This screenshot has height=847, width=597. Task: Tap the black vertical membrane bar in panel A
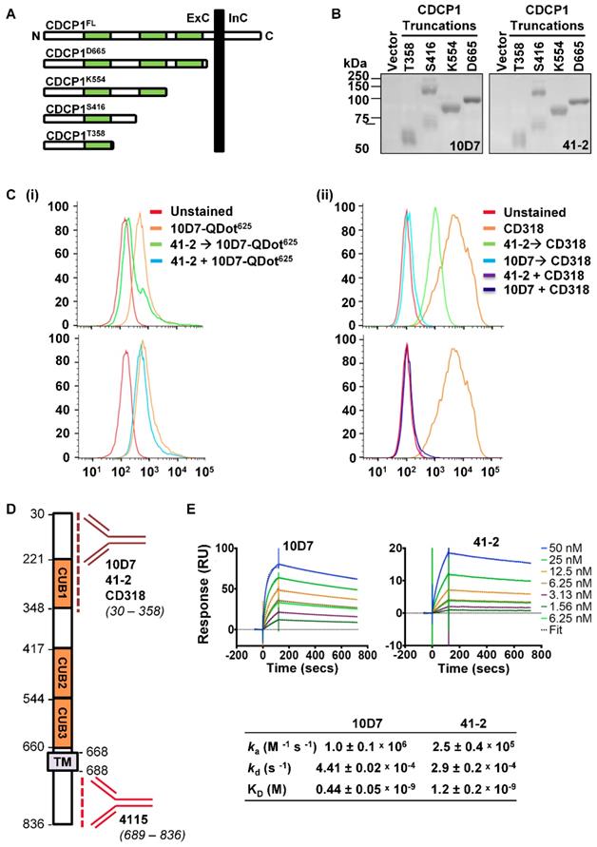(x=220, y=81)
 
